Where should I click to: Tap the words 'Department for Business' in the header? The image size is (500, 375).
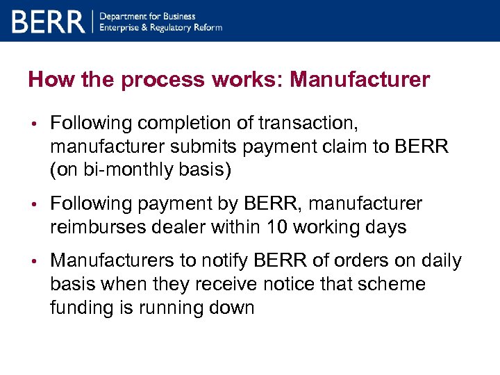148,16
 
